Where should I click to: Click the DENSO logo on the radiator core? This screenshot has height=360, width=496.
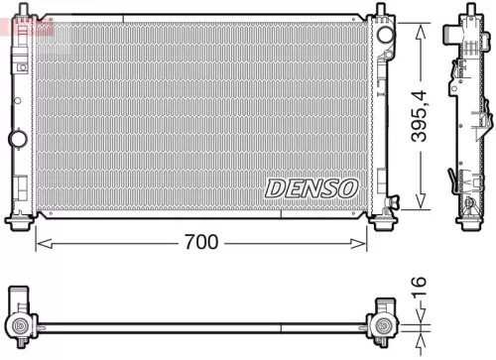point(310,187)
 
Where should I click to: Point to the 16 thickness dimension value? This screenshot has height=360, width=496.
point(422,292)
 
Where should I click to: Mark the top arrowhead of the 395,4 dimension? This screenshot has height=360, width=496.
point(423,29)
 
